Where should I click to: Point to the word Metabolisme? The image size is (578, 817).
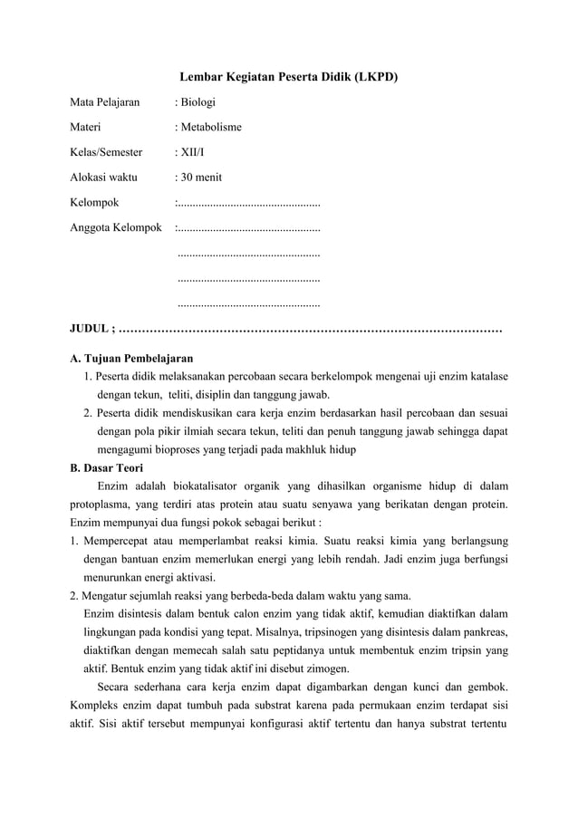(x=210, y=128)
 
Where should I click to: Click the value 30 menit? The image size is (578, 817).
(x=199, y=178)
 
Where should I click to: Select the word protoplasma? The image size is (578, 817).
(x=101, y=505)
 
